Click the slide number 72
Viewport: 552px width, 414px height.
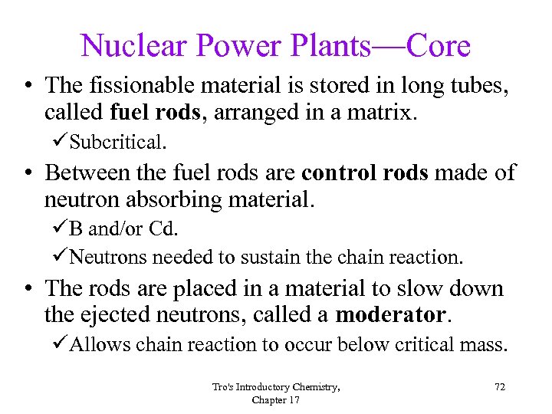[499, 387]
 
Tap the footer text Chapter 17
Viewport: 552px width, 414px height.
[275, 399]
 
